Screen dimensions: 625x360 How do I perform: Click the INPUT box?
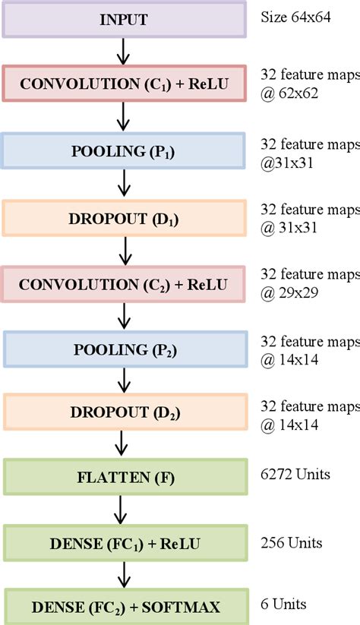[x=125, y=20]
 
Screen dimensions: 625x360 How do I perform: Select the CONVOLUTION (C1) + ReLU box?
[x=125, y=84]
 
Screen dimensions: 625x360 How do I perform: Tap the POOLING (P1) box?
[x=125, y=150]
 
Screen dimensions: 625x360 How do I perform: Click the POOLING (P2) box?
[x=125, y=349]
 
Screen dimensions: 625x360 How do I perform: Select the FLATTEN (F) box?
[x=125, y=478]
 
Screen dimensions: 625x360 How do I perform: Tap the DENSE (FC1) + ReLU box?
[x=125, y=543]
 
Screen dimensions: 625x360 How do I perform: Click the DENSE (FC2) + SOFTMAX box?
[x=125, y=606]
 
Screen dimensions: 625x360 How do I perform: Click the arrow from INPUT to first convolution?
[x=125, y=52]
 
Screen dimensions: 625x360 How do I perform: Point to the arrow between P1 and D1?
[x=125, y=184]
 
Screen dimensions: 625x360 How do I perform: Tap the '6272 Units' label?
[x=295, y=475]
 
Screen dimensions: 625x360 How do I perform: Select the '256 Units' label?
[x=292, y=542]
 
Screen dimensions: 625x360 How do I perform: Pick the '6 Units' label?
[x=284, y=604]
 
